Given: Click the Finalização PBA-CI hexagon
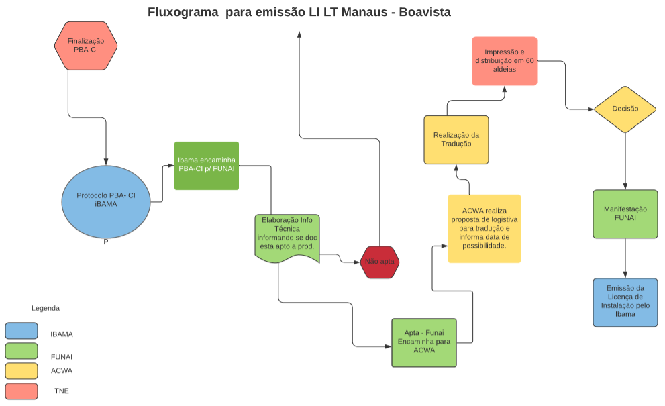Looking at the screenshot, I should click(86, 45).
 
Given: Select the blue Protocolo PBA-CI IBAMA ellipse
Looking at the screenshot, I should click(106, 199).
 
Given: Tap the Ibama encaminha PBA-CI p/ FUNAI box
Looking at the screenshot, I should click(207, 166).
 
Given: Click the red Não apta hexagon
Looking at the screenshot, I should click(380, 262).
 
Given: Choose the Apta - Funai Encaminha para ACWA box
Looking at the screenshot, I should click(424, 342).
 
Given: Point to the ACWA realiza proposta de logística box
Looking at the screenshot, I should click(484, 228).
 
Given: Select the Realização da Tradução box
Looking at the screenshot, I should click(456, 140).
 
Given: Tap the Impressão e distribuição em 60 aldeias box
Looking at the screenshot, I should click(504, 61).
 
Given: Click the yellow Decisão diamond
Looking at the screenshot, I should click(625, 109).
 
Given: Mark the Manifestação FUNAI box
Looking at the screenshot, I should click(625, 213).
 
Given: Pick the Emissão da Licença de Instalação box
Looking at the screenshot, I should click(625, 302).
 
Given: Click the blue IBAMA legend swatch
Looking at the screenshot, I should click(21, 331).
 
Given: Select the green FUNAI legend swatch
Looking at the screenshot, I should click(21, 351).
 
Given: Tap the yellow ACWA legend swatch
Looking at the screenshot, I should click(21, 370).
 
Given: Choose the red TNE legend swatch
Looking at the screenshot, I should click(21, 391).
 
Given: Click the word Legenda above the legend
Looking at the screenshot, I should click(46, 309).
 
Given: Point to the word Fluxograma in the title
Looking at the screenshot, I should click(183, 12).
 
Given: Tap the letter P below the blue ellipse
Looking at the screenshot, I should click(106, 242).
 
